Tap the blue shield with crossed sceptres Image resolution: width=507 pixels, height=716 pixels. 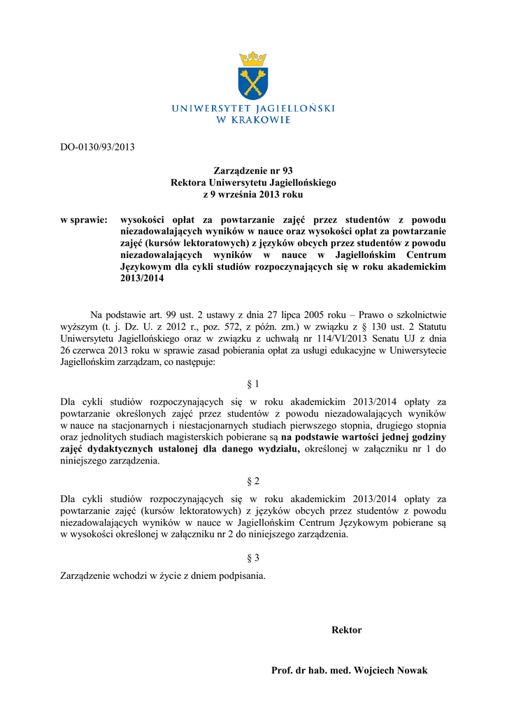coord(253,84)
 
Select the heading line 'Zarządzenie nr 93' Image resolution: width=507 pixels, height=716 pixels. coord(253,171)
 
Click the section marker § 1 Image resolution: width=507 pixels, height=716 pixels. coord(253,384)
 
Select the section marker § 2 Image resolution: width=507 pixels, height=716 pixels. coord(253,481)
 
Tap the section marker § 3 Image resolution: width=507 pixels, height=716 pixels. coord(253,558)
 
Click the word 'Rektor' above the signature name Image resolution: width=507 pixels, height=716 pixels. coord(346,630)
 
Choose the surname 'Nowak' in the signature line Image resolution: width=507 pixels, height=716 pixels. coord(411,671)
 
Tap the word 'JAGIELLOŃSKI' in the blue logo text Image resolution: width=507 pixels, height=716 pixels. coord(294,108)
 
